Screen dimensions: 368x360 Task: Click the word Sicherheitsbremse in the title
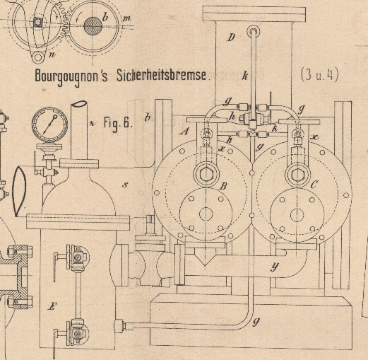click(161, 76)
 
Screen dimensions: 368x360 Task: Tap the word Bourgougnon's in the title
click(71, 76)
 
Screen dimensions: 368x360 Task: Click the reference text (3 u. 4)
click(320, 74)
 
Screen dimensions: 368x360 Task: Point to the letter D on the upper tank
click(232, 37)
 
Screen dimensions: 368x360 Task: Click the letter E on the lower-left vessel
click(52, 306)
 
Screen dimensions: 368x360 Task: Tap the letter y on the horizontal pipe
click(275, 267)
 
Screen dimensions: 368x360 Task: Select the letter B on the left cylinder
click(223, 186)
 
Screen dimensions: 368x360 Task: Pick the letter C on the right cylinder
click(314, 184)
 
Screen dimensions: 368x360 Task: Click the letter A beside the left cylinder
click(184, 131)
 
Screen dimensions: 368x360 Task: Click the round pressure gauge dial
click(49, 124)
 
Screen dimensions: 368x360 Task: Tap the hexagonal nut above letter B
click(206, 175)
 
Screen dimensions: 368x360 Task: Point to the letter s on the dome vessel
click(125, 185)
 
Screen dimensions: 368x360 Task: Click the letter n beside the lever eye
click(52, 54)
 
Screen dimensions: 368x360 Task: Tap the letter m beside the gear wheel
click(126, 18)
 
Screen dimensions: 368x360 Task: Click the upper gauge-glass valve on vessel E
click(76, 258)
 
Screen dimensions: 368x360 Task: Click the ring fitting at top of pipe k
click(254, 31)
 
